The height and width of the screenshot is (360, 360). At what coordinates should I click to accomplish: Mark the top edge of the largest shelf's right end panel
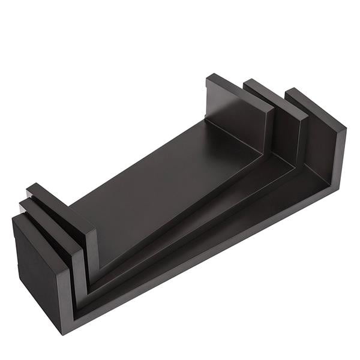point(315,108)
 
